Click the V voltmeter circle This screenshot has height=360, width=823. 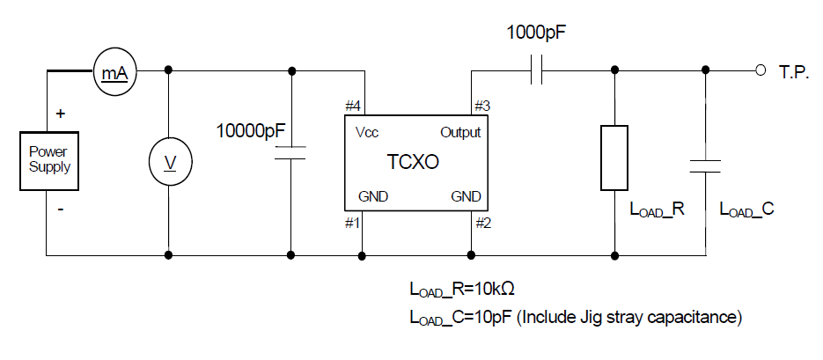pyautogui.click(x=167, y=162)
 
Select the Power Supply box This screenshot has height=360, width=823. pyautogui.click(x=49, y=159)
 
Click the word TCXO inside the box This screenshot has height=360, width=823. pyautogui.click(x=413, y=163)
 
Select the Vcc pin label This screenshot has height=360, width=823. pyautogui.click(x=367, y=132)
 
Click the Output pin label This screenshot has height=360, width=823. pyautogui.click(x=460, y=132)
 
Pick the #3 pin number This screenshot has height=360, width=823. pyautogui.click(x=481, y=106)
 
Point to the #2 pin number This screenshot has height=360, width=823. pyautogui.click(x=481, y=223)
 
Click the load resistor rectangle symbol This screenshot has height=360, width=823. pyautogui.click(x=614, y=158)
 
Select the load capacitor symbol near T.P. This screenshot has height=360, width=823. pyautogui.click(x=705, y=165)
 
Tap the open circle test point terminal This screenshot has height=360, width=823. pyautogui.click(x=760, y=70)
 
